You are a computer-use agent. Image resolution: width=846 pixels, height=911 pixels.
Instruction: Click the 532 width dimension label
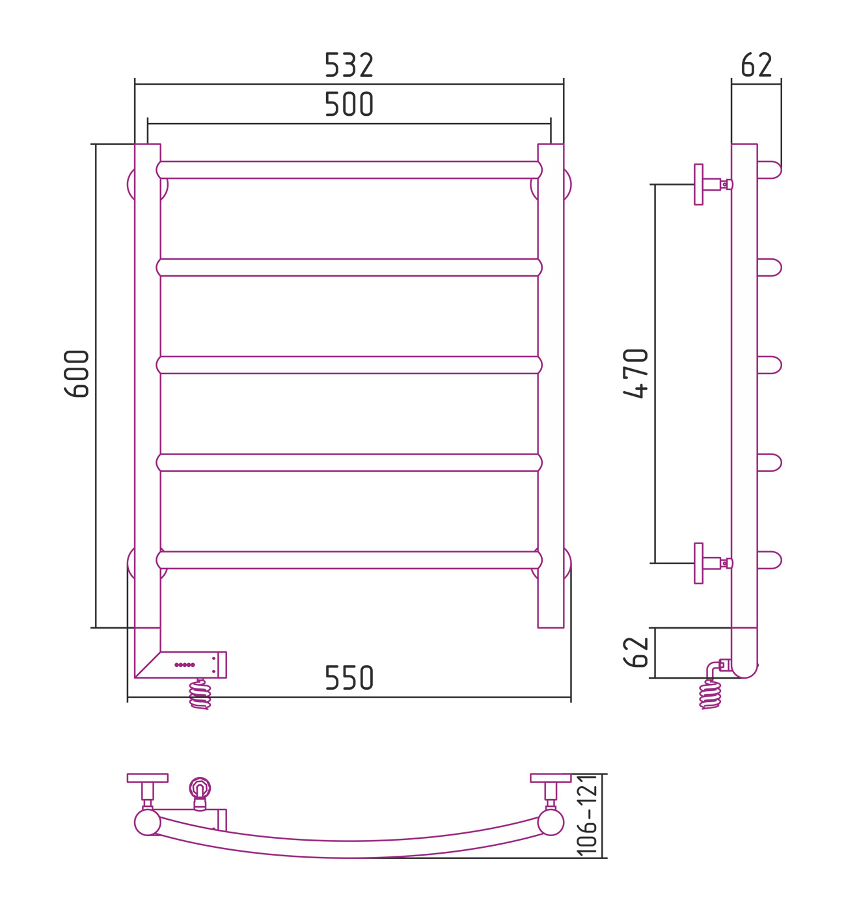(349, 65)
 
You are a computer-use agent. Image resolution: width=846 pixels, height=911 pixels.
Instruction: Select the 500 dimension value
(349, 104)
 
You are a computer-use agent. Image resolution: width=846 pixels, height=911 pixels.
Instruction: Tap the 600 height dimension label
(77, 374)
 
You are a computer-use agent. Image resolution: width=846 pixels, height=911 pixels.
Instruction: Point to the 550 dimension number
(349, 678)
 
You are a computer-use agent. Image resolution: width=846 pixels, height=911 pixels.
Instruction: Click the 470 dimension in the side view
(636, 374)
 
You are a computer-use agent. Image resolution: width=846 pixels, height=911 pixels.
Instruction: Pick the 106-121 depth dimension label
(587, 815)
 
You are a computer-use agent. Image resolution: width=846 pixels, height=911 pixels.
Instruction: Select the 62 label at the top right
(756, 65)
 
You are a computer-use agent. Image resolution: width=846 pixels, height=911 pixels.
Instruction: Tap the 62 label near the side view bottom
(636, 652)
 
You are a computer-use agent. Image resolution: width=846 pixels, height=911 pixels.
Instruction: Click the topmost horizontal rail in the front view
(349, 170)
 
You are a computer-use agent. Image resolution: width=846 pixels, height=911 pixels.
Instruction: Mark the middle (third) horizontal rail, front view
(349, 365)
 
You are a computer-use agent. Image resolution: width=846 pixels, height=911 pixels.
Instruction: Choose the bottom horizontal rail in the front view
(349, 560)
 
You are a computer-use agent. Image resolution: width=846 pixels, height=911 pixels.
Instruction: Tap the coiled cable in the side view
(710, 694)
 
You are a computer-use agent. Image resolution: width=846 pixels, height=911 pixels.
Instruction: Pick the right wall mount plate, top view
(551, 778)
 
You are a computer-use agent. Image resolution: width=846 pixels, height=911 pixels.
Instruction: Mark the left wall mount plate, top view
(148, 778)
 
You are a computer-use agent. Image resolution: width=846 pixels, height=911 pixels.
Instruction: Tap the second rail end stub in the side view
(769, 267)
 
